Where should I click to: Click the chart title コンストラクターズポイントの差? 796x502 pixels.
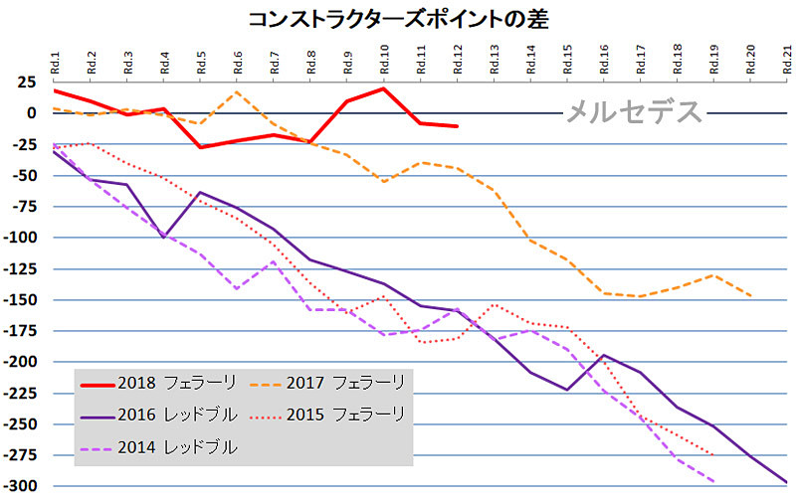[x=398, y=18]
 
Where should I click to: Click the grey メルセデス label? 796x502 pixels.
[x=634, y=112]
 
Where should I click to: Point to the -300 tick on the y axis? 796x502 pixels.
[x=22, y=486]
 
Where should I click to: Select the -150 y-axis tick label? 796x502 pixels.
[x=22, y=299]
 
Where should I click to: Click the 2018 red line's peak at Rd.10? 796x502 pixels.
[x=384, y=88]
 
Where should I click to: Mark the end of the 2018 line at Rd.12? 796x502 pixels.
[x=457, y=126]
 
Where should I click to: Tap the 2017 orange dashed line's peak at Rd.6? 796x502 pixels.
[x=237, y=92]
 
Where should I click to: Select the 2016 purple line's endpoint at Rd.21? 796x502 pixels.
[x=787, y=483]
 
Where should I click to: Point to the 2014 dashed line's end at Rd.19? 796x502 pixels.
[x=713, y=481]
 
